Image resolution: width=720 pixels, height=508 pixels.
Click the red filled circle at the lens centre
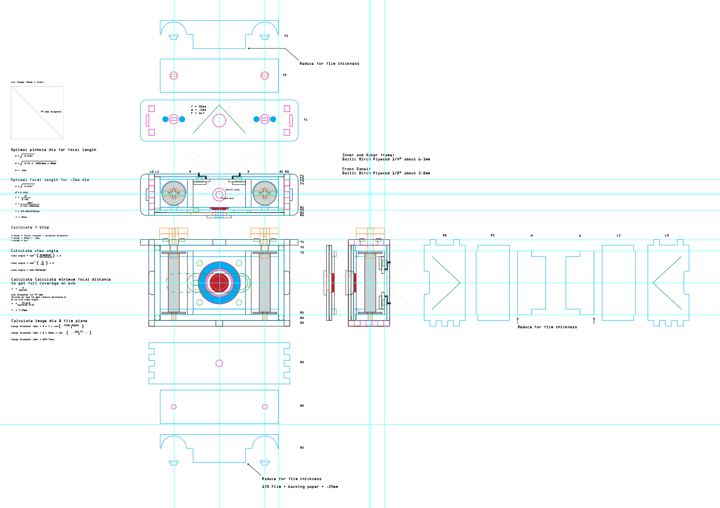coord(219,283)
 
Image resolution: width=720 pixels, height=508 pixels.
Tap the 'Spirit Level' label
coord(233,190)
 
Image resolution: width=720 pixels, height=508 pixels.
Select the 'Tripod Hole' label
coord(227,198)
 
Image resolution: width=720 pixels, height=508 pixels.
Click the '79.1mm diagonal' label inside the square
coord(51,112)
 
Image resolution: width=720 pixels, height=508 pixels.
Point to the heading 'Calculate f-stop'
coord(30,227)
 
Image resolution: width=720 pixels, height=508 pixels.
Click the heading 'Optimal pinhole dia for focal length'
coord(53,150)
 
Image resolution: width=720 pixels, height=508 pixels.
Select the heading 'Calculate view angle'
coord(34,251)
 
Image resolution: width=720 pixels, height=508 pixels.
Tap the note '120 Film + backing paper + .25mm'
coord(300,487)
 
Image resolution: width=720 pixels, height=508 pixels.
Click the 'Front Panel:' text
coord(356,169)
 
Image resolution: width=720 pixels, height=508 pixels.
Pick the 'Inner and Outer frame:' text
coord(368,155)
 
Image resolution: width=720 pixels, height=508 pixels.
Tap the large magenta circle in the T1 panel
coord(219,121)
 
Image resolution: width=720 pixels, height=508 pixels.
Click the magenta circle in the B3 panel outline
coord(219,363)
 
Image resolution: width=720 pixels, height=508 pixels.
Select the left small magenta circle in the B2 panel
coord(174,407)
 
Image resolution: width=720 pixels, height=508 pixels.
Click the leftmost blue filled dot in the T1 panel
coord(165,119)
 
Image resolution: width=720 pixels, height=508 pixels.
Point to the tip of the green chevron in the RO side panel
coord(460,283)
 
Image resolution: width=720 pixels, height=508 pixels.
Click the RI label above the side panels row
coord(493,236)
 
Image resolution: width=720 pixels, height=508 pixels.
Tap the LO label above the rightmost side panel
coord(667,236)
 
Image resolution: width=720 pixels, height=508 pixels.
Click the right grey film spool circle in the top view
coord(265,193)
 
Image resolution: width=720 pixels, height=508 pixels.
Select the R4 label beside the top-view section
coord(302,215)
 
